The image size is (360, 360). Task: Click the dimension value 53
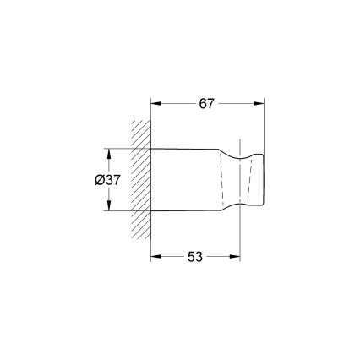(x=195, y=256)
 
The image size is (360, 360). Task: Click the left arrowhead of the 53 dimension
(x=155, y=256)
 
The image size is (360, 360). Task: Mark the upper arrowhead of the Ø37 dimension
(x=110, y=154)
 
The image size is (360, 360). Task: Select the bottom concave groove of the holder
(x=238, y=206)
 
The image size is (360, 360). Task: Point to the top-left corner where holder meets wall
(x=151, y=150)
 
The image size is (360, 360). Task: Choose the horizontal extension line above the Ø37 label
(x=127, y=150)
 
